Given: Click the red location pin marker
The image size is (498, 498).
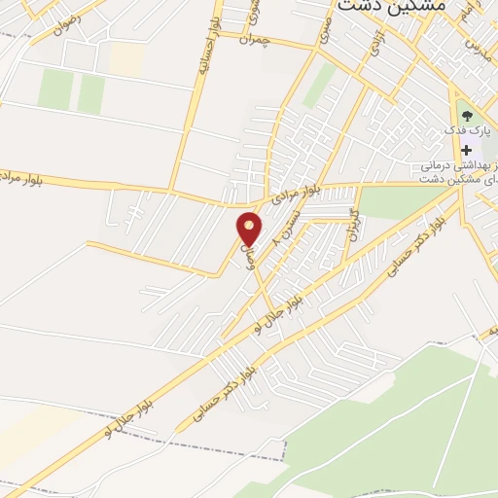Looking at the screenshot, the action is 250,228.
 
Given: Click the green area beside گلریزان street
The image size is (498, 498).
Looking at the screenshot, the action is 399,202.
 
